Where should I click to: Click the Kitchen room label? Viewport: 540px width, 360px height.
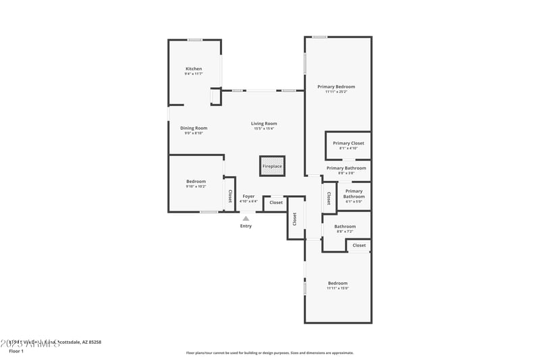[194, 69]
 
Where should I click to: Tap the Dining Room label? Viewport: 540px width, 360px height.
[194, 128]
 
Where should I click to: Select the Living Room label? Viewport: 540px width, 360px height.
[264, 124]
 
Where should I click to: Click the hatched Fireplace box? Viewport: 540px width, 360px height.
[272, 166]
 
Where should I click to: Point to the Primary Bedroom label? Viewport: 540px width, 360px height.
[336, 86]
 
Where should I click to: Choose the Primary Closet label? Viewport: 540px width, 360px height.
[348, 143]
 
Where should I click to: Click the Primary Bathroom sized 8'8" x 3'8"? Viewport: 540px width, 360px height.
[346, 168]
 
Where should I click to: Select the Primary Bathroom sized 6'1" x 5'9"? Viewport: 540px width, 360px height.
[354, 194]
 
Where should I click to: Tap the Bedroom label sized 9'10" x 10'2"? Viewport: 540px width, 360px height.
[196, 181]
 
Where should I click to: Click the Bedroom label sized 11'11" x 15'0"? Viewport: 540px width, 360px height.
[337, 283]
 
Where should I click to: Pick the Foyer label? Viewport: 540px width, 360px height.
[248, 197]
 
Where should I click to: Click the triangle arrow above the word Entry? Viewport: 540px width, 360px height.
[246, 218]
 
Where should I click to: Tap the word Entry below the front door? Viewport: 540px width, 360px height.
[246, 226]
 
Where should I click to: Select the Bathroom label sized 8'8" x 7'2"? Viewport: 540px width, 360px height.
[345, 226]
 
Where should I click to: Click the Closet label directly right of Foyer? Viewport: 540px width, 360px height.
[276, 203]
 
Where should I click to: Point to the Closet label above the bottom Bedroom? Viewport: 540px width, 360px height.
[359, 245]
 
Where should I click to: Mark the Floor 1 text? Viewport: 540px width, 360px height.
[16, 351]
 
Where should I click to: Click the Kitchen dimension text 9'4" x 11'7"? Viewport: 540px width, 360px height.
[194, 74]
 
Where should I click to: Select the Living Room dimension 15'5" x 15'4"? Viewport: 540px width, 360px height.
[264, 128]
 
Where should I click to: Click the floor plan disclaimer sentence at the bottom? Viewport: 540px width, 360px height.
[269, 353]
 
